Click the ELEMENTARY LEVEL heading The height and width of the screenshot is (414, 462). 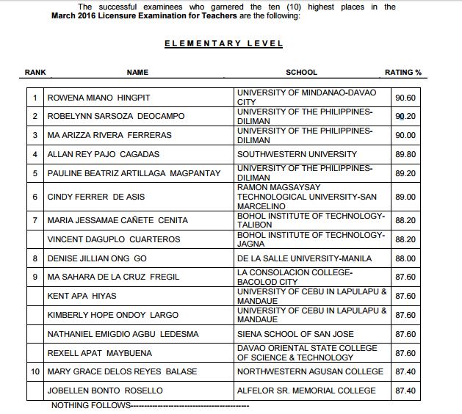point(223,43)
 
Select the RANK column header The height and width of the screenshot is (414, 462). point(35,72)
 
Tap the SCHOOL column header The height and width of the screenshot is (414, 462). point(301,72)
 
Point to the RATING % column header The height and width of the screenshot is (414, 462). point(403,72)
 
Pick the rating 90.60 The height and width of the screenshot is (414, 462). point(405,97)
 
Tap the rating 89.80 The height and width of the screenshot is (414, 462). point(405,154)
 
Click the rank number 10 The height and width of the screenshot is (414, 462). point(35,371)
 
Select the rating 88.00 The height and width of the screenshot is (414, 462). point(405,258)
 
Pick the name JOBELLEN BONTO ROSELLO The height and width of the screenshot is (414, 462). point(105,391)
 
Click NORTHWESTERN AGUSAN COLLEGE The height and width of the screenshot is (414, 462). point(310,371)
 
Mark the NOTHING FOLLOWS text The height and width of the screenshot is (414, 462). point(91,405)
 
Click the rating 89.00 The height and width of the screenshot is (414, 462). point(405,197)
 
